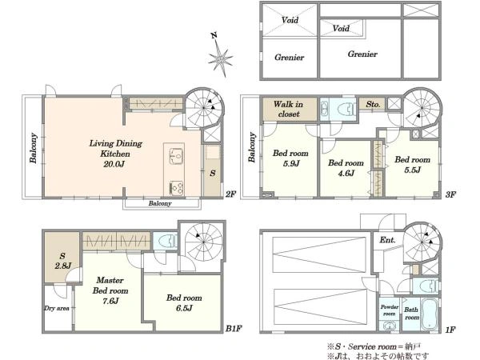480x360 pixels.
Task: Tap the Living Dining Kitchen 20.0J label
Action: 115,154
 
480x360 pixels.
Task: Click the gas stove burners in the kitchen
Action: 177,188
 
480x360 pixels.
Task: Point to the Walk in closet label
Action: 288,109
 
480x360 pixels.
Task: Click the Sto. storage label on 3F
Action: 373,104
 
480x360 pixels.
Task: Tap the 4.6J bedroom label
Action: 346,167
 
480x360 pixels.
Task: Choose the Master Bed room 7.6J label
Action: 110,290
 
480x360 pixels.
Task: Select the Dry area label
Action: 57,308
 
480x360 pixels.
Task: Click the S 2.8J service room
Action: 62,261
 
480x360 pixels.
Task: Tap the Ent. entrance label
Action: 387,240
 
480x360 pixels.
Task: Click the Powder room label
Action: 390,310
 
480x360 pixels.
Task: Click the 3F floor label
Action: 450,194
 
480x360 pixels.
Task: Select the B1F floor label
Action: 234,329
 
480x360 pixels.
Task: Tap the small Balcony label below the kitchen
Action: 160,203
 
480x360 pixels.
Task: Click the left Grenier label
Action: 290,58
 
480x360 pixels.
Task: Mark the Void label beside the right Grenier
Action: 341,29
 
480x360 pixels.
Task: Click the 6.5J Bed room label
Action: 184,302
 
